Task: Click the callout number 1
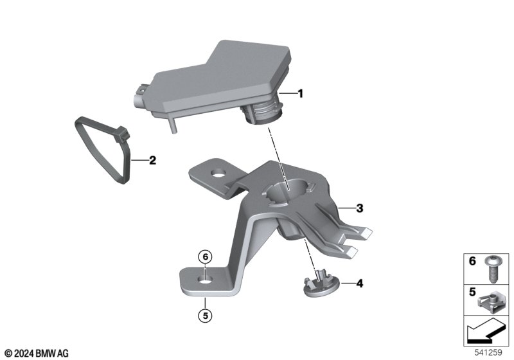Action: click(x=300, y=94)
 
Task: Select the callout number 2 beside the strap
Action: click(x=152, y=161)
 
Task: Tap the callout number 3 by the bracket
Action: click(x=360, y=208)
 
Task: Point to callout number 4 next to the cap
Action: click(x=360, y=283)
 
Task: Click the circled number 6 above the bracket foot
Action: click(x=205, y=256)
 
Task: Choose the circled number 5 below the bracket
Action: click(x=205, y=316)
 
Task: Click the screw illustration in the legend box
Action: click(x=492, y=269)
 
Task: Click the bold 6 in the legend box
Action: click(x=472, y=261)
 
